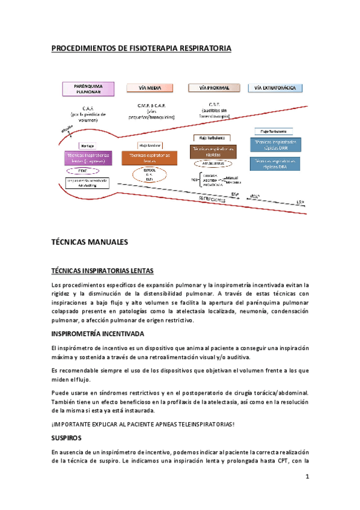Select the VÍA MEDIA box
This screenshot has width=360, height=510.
tap(151, 88)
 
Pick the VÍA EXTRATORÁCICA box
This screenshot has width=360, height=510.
tap(275, 88)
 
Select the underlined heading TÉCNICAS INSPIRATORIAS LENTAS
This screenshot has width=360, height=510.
tap(102, 271)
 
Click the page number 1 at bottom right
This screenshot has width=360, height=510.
tap(307, 478)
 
